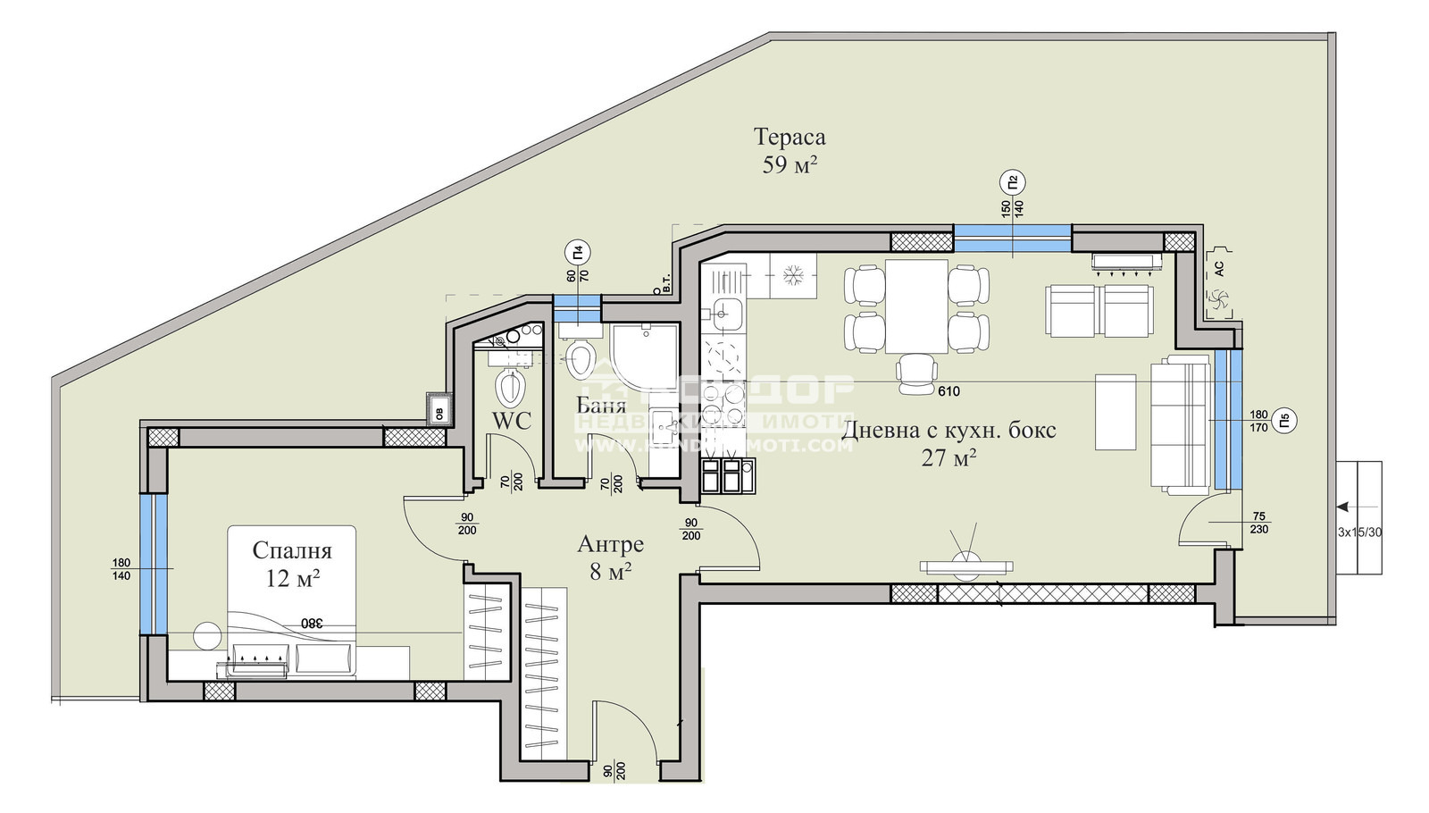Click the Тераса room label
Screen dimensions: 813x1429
790,137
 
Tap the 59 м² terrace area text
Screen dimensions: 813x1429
790,165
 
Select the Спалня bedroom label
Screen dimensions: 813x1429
292,550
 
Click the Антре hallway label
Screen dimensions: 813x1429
610,544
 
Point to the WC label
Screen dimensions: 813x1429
512,421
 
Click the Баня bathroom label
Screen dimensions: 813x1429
601,404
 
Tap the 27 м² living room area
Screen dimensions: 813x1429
948,458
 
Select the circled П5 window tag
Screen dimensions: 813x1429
1283,420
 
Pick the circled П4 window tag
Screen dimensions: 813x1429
578,253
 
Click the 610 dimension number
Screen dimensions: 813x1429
948,391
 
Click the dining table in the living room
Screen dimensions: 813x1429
916,306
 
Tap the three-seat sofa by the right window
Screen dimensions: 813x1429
1180,423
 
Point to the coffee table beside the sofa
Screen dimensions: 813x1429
1116,412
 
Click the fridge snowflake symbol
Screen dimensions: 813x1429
792,276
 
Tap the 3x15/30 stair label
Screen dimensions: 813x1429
1359,532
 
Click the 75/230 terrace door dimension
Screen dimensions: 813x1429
1258,523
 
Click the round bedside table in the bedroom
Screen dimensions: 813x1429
207,635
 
